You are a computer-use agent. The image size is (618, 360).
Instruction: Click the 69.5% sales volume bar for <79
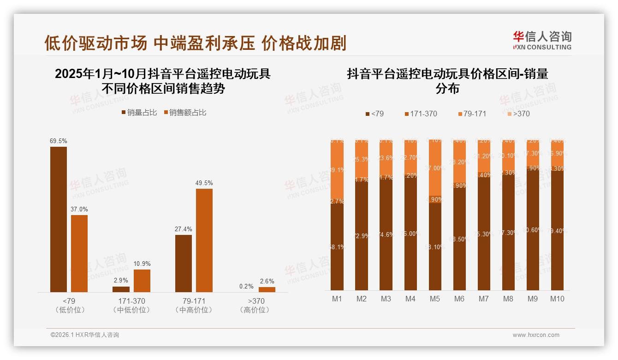click(x=59, y=219)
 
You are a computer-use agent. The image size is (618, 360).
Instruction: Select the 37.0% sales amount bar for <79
click(x=79, y=253)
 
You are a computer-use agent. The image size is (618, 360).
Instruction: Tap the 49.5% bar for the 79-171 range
click(x=204, y=240)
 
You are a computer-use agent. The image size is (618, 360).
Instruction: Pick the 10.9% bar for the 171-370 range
click(x=142, y=281)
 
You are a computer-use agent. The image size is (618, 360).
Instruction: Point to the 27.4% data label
click(x=184, y=229)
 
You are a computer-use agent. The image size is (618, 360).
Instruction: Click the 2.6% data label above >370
click(x=267, y=281)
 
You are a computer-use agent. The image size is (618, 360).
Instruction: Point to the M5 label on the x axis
click(x=434, y=299)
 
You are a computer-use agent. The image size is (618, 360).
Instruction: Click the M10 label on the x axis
click(x=557, y=299)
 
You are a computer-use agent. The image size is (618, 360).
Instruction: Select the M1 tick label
click(x=337, y=299)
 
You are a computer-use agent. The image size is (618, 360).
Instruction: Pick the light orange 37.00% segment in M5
click(x=434, y=168)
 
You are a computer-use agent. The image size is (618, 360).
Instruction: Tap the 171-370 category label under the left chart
click(x=131, y=301)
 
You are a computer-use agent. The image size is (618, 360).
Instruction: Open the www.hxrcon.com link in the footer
click(x=536, y=335)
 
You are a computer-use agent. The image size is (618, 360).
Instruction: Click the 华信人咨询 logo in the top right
click(x=542, y=40)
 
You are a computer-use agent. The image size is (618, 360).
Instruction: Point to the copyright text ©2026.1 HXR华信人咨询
click(x=85, y=335)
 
